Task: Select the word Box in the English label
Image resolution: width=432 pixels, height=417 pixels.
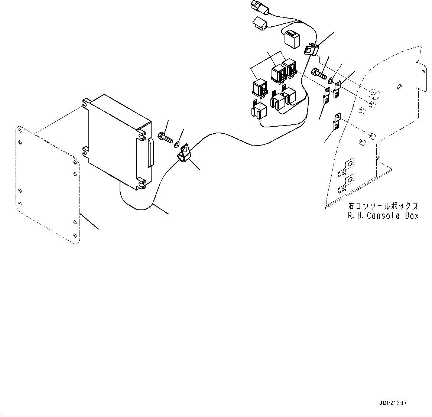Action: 412,216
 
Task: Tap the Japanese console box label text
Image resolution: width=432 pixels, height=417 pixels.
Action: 383,206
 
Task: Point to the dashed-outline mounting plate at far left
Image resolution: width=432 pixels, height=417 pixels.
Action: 46,186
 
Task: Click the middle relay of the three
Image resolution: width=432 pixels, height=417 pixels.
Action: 278,74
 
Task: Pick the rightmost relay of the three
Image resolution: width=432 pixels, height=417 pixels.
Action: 289,69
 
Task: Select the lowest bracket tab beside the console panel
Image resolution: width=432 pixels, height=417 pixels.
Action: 336,121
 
